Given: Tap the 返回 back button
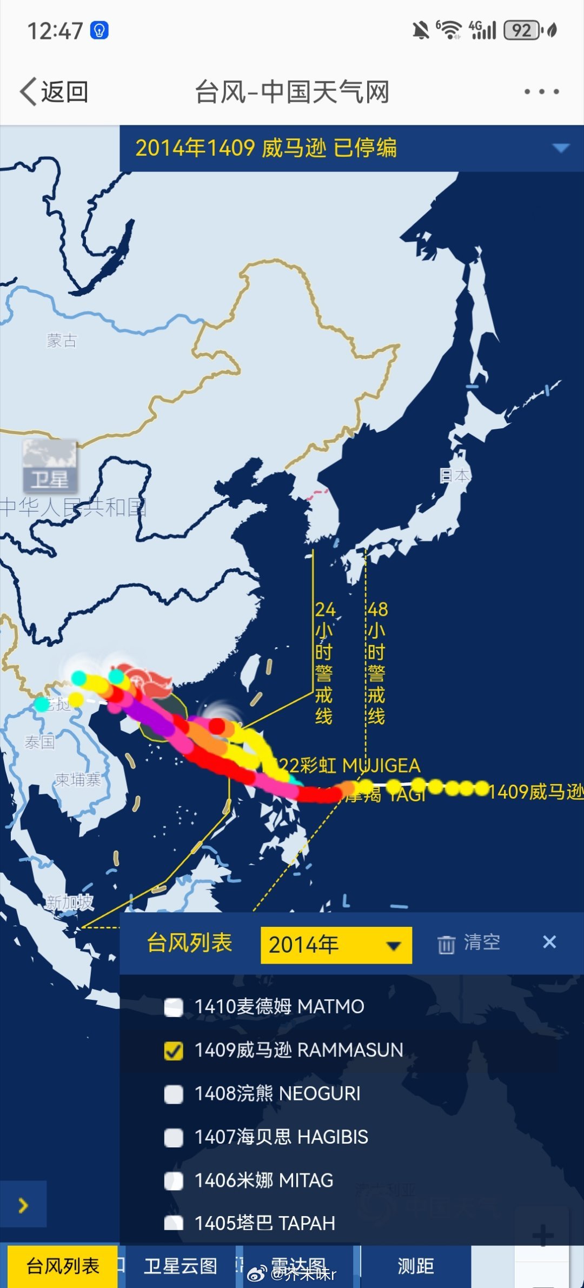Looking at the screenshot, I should [54, 92].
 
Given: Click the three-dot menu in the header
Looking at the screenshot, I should [541, 92].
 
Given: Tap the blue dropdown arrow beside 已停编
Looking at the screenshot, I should [561, 148].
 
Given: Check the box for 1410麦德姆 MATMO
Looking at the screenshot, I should [174, 1007].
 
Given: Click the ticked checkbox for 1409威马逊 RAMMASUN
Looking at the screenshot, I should [174, 1050].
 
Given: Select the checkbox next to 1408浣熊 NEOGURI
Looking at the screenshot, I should [174, 1093].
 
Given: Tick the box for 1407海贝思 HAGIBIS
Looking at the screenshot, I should [174, 1137].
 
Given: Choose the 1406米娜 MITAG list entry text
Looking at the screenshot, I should [264, 1180].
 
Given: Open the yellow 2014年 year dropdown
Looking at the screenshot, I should [336, 945].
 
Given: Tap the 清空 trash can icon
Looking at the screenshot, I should [446, 944].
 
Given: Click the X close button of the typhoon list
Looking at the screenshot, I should [549, 942].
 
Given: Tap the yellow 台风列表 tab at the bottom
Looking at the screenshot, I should [63, 1266].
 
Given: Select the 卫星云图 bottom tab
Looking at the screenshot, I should [181, 1266].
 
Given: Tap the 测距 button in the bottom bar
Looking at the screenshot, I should [415, 1266].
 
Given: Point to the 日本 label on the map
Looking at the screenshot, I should [455, 475].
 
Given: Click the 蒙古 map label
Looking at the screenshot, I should [62, 340].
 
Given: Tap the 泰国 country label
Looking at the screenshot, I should [39, 742].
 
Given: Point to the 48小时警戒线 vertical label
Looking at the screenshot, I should [377, 662].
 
